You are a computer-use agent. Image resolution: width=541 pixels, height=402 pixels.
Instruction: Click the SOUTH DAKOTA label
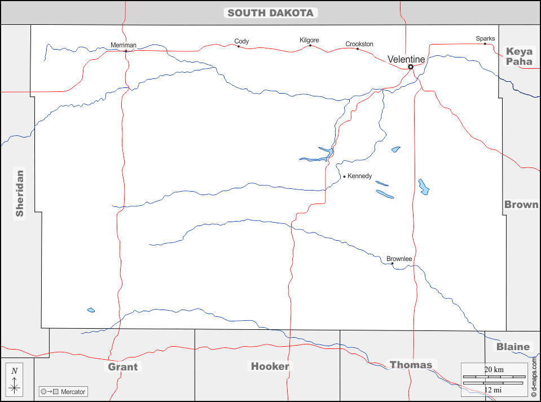(271, 13)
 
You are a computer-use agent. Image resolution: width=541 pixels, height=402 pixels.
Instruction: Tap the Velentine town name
(406, 59)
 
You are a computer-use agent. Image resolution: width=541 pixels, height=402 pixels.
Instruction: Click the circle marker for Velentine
(411, 67)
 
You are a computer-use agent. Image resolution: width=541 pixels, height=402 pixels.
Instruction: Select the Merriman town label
(124, 45)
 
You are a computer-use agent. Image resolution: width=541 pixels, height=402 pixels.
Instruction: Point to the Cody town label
(241, 41)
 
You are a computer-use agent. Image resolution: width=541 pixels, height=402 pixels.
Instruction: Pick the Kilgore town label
(309, 40)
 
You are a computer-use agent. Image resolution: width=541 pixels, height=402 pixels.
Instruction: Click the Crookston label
(359, 44)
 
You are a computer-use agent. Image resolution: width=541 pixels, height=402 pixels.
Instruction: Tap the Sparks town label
(485, 38)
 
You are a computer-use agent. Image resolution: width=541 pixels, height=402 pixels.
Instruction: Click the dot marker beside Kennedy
(344, 176)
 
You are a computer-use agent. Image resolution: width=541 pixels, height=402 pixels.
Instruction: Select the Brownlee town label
(399, 259)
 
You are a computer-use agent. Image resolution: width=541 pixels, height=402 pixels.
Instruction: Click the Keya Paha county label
(519, 56)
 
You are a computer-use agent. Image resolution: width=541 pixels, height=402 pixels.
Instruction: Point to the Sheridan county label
(20, 193)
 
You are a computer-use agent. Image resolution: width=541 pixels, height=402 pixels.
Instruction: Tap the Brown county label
(521, 205)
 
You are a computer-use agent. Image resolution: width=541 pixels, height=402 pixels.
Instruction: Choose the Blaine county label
(513, 347)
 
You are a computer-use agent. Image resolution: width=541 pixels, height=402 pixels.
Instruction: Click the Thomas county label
(411, 365)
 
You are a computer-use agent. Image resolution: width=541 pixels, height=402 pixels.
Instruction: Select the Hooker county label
(270, 366)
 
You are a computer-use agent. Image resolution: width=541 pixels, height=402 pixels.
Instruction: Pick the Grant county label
(123, 367)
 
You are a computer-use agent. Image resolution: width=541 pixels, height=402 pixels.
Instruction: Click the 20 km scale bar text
(494, 369)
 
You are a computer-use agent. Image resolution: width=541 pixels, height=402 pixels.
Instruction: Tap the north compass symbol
(15, 379)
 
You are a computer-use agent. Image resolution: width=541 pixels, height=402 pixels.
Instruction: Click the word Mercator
(73, 392)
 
